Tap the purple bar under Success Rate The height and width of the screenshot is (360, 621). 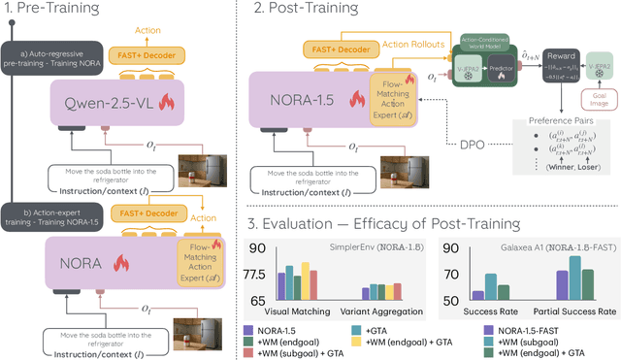pos(477,295)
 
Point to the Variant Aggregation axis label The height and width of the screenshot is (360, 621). pos(381,311)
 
